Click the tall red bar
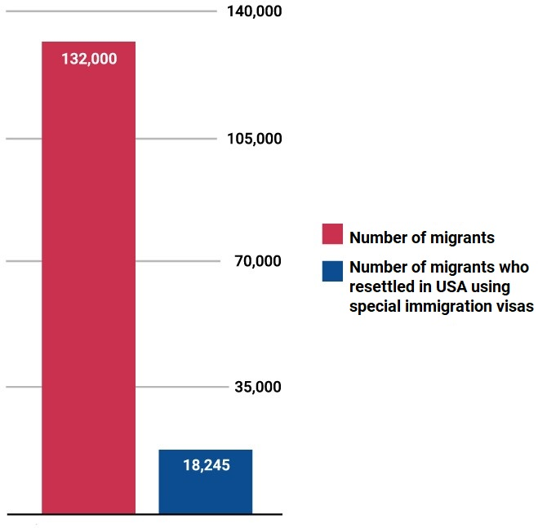point(88,286)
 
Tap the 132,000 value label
point(89,59)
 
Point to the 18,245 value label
point(206,465)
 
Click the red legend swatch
point(331,233)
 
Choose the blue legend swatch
point(331,271)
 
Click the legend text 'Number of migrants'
point(422,238)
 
